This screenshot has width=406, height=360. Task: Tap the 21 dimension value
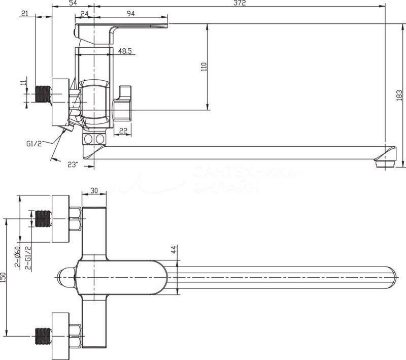click(x=24, y=14)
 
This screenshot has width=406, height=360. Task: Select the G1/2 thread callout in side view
click(x=34, y=144)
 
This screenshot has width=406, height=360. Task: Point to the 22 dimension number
click(x=123, y=131)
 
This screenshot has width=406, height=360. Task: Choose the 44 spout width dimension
click(x=173, y=249)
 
